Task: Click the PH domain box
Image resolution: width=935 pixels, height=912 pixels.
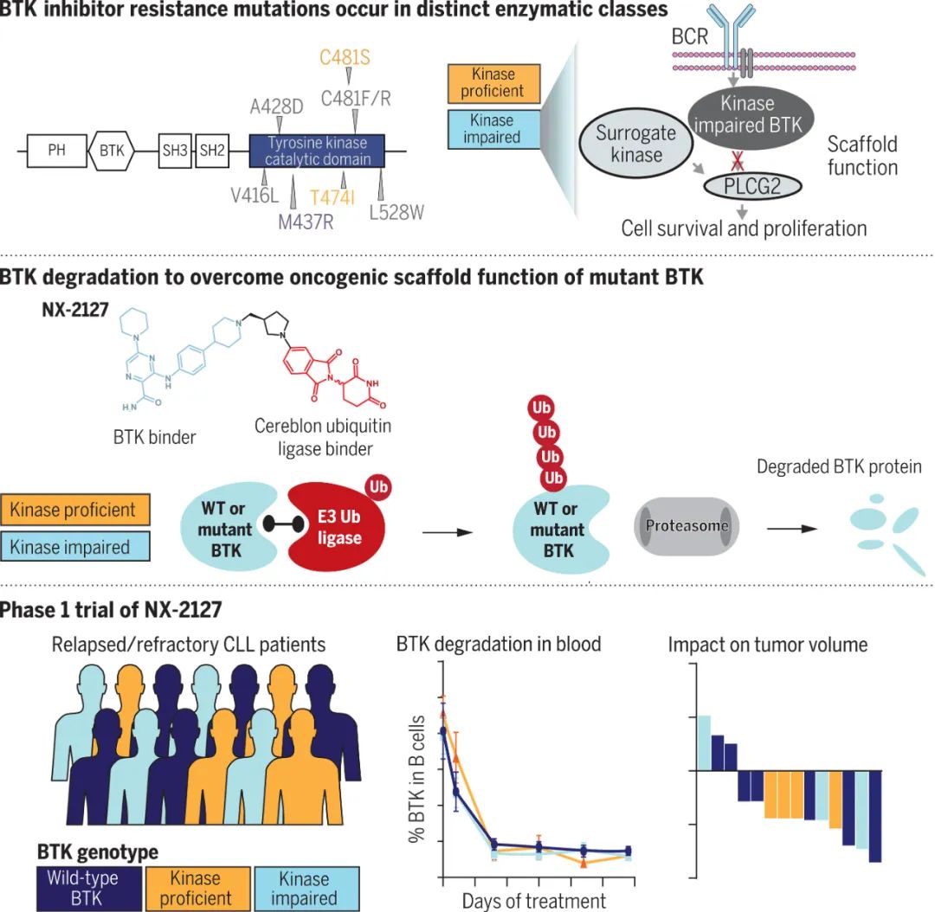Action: click(x=56, y=151)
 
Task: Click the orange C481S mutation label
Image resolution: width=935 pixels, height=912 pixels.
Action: click(x=345, y=58)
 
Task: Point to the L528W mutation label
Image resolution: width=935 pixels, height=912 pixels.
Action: click(x=397, y=212)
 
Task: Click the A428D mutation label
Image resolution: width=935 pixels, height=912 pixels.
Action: click(x=277, y=106)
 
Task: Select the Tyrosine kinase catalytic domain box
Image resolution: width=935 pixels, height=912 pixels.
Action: click(x=316, y=151)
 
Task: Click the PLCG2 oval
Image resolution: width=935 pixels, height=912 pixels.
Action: click(x=751, y=184)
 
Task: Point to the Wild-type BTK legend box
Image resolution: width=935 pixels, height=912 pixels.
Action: click(x=83, y=888)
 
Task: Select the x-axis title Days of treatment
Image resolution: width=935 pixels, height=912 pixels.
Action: click(x=533, y=901)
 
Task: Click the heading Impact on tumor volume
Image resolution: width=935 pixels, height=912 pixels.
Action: click(x=767, y=645)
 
